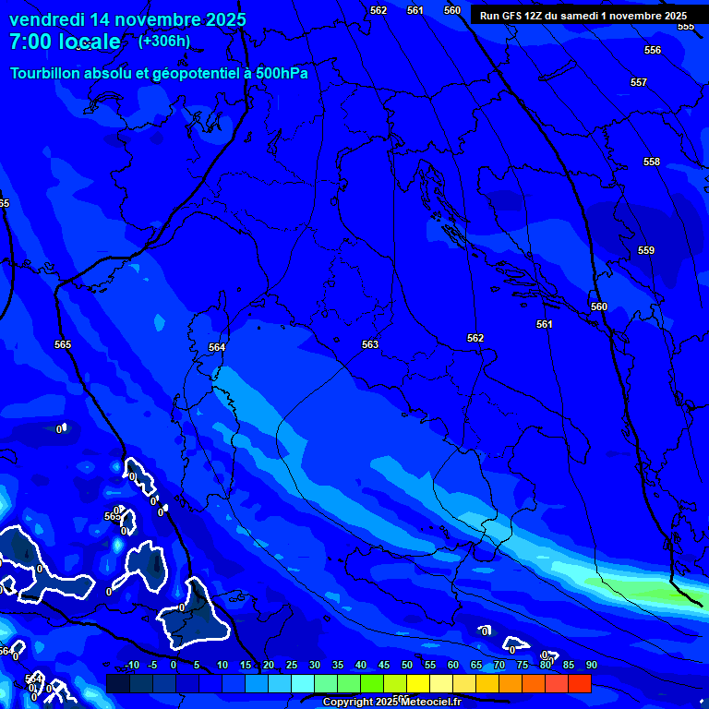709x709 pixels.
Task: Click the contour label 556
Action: tap(653, 50)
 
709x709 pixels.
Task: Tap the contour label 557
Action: tap(639, 82)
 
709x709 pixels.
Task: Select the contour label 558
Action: tap(652, 162)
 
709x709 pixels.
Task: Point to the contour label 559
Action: tap(646, 250)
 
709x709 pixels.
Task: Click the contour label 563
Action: tap(370, 344)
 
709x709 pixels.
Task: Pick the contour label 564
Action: tap(217, 347)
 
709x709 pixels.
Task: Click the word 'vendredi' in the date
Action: tap(47, 19)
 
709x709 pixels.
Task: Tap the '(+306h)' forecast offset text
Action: tap(163, 41)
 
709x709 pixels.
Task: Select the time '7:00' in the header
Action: tap(30, 42)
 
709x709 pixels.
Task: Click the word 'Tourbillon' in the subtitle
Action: tap(47, 74)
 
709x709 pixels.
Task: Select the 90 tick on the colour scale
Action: tap(591, 665)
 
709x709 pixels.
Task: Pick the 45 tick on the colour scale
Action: tap(384, 665)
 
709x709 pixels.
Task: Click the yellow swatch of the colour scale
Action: tap(417, 683)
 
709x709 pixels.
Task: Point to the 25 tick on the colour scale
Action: tap(292, 665)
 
